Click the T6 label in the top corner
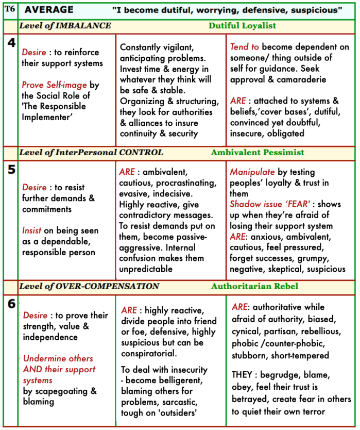click(9, 9)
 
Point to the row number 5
click(11, 170)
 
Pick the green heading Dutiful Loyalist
click(242, 25)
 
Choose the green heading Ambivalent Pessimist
click(258, 152)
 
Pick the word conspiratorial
click(147, 354)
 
